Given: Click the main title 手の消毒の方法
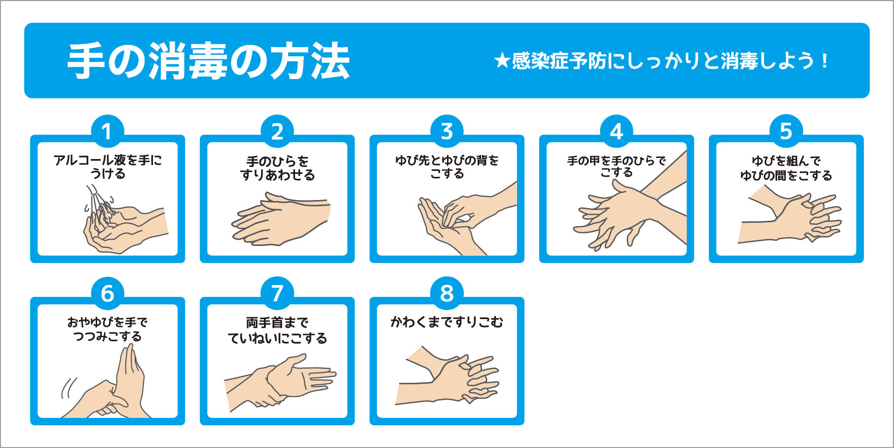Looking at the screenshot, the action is click(208, 61).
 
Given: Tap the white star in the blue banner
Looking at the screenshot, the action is click(502, 61).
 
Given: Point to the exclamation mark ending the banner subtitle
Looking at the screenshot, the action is click(824, 61).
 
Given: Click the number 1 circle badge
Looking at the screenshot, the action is click(107, 131).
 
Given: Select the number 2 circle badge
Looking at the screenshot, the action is click(277, 131).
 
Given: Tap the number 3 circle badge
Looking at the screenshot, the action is click(447, 131).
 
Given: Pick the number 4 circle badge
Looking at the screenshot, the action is click(617, 131).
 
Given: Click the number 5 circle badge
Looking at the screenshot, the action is click(786, 131).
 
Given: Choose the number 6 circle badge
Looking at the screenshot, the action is click(107, 293).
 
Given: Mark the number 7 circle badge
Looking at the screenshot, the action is click(277, 293).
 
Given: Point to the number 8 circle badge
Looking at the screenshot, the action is click(447, 293).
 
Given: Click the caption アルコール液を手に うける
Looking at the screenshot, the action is click(108, 167).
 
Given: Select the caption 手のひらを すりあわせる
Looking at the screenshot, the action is click(277, 168).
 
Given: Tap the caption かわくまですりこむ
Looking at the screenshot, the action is click(447, 323).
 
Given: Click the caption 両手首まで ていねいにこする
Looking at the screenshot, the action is click(277, 330).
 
